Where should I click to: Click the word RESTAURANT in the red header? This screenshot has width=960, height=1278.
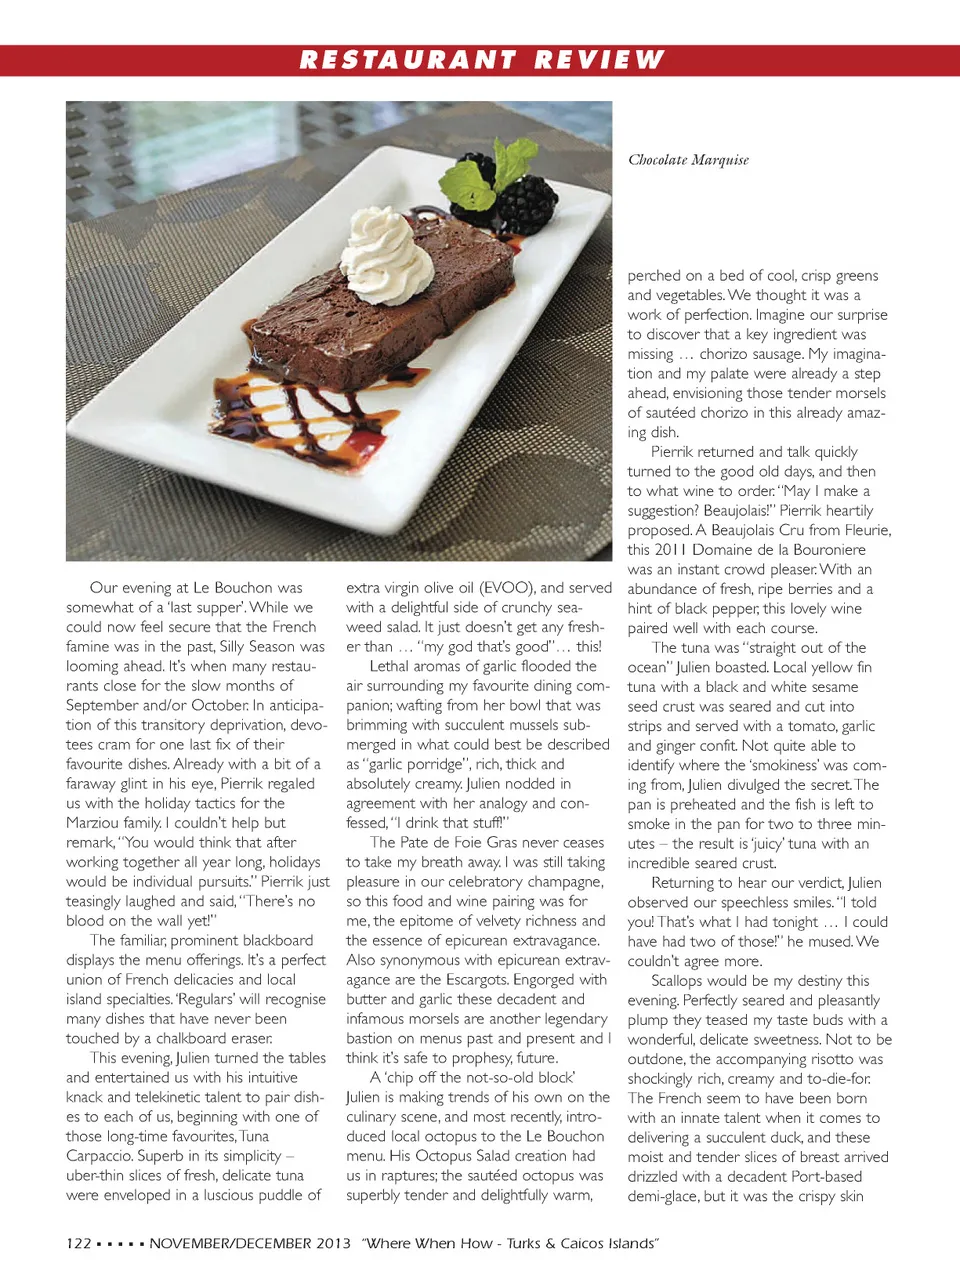407,60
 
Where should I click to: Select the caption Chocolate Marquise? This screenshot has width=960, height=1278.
688,160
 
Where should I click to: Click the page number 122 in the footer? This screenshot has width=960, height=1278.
79,1243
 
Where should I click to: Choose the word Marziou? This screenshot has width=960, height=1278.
99,823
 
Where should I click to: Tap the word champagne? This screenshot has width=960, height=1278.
564,882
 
